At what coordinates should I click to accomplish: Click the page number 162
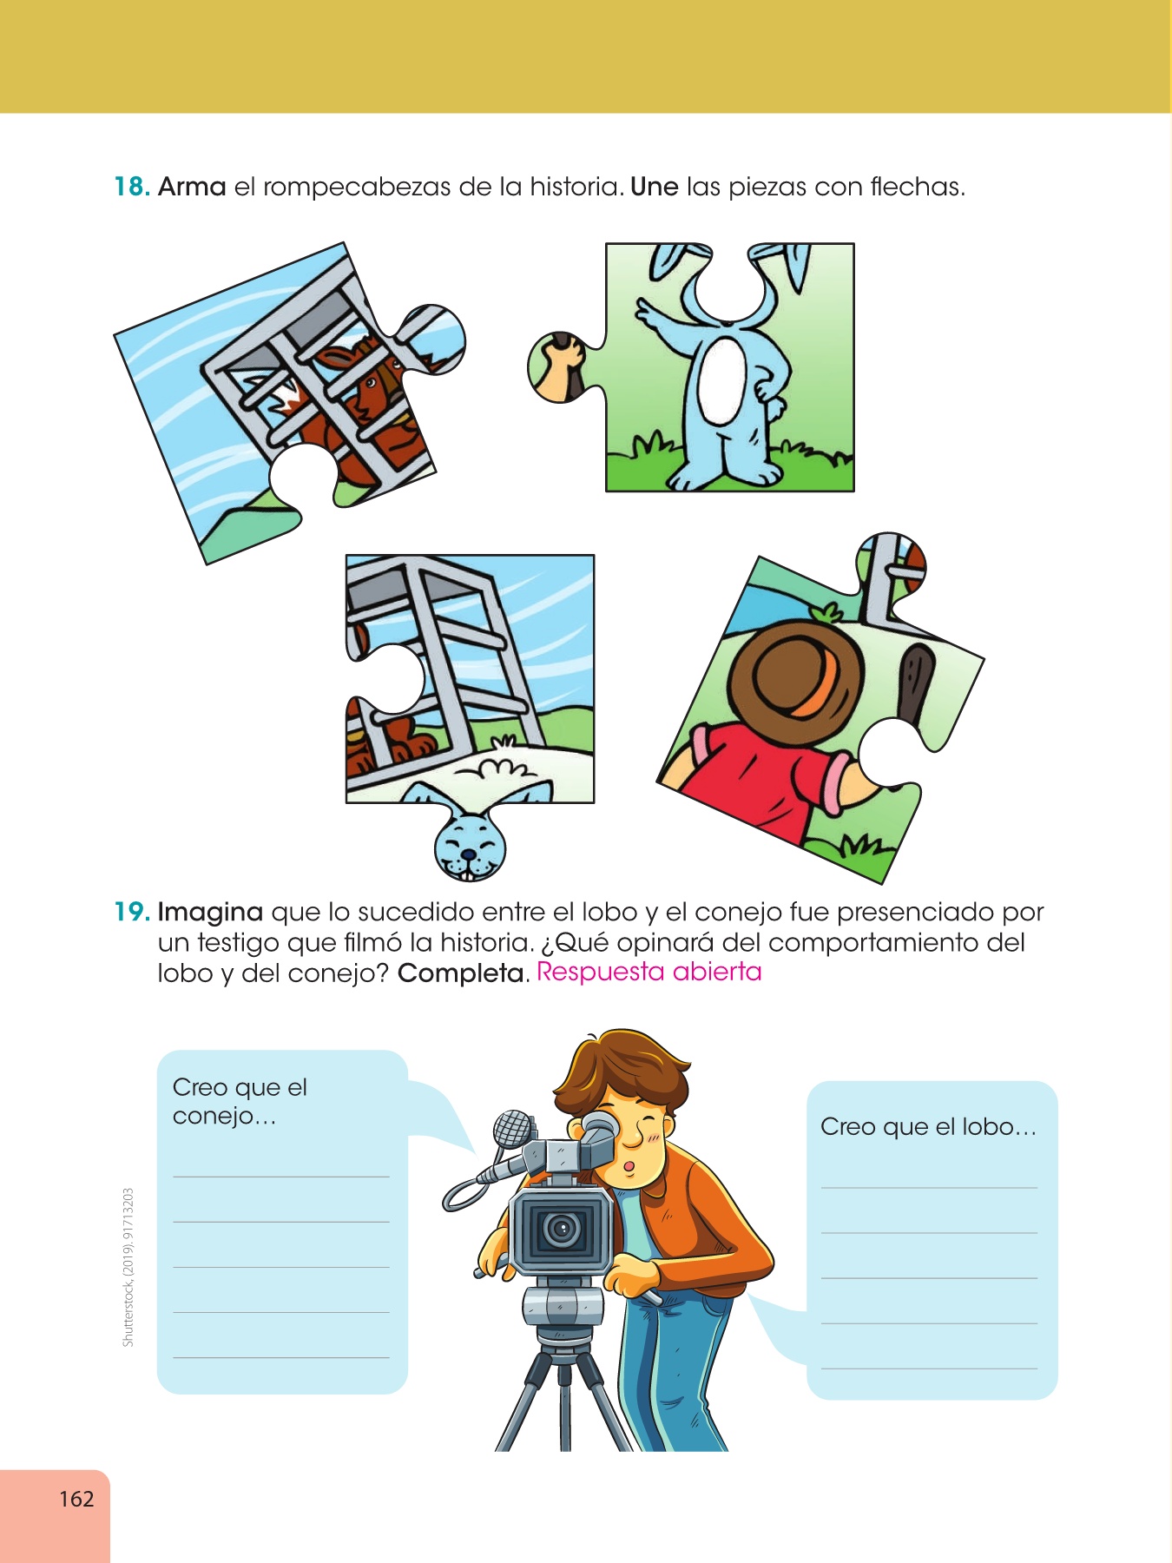click(76, 1499)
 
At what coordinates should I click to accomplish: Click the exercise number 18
click(133, 187)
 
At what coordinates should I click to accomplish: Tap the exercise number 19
click(133, 912)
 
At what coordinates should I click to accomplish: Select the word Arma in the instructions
click(192, 187)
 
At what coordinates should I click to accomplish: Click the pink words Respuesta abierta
click(649, 972)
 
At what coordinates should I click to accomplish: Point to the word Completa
click(462, 973)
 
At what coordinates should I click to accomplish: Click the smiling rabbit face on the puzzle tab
click(470, 847)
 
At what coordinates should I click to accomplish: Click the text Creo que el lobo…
click(929, 1127)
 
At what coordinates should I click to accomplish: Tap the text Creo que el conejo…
click(240, 1101)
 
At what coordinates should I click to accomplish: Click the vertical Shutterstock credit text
click(128, 1267)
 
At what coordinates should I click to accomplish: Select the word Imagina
click(210, 913)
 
